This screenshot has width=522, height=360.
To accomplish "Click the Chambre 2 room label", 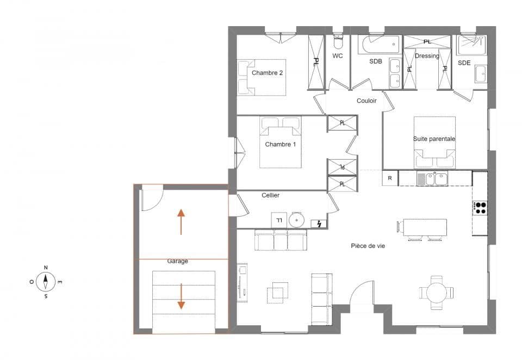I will point(267,73).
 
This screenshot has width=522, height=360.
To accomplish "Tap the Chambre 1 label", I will point(281,144).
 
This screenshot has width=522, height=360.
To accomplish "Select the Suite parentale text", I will point(434,139).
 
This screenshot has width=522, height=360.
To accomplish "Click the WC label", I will point(337,56).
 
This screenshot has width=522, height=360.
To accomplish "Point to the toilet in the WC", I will point(338,40).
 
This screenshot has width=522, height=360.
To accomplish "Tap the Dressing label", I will point(427,56).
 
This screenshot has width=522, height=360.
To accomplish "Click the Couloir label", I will point(366,101).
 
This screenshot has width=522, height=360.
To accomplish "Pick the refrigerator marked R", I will point(390,178).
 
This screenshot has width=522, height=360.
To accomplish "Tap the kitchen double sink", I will point(432,178).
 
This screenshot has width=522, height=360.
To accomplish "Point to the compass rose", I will point(46,282).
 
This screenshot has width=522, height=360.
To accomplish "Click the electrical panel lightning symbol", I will point(319,223).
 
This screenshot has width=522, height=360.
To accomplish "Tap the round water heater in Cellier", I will point(297,220).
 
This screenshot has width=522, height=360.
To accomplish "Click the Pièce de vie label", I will point(368,246).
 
